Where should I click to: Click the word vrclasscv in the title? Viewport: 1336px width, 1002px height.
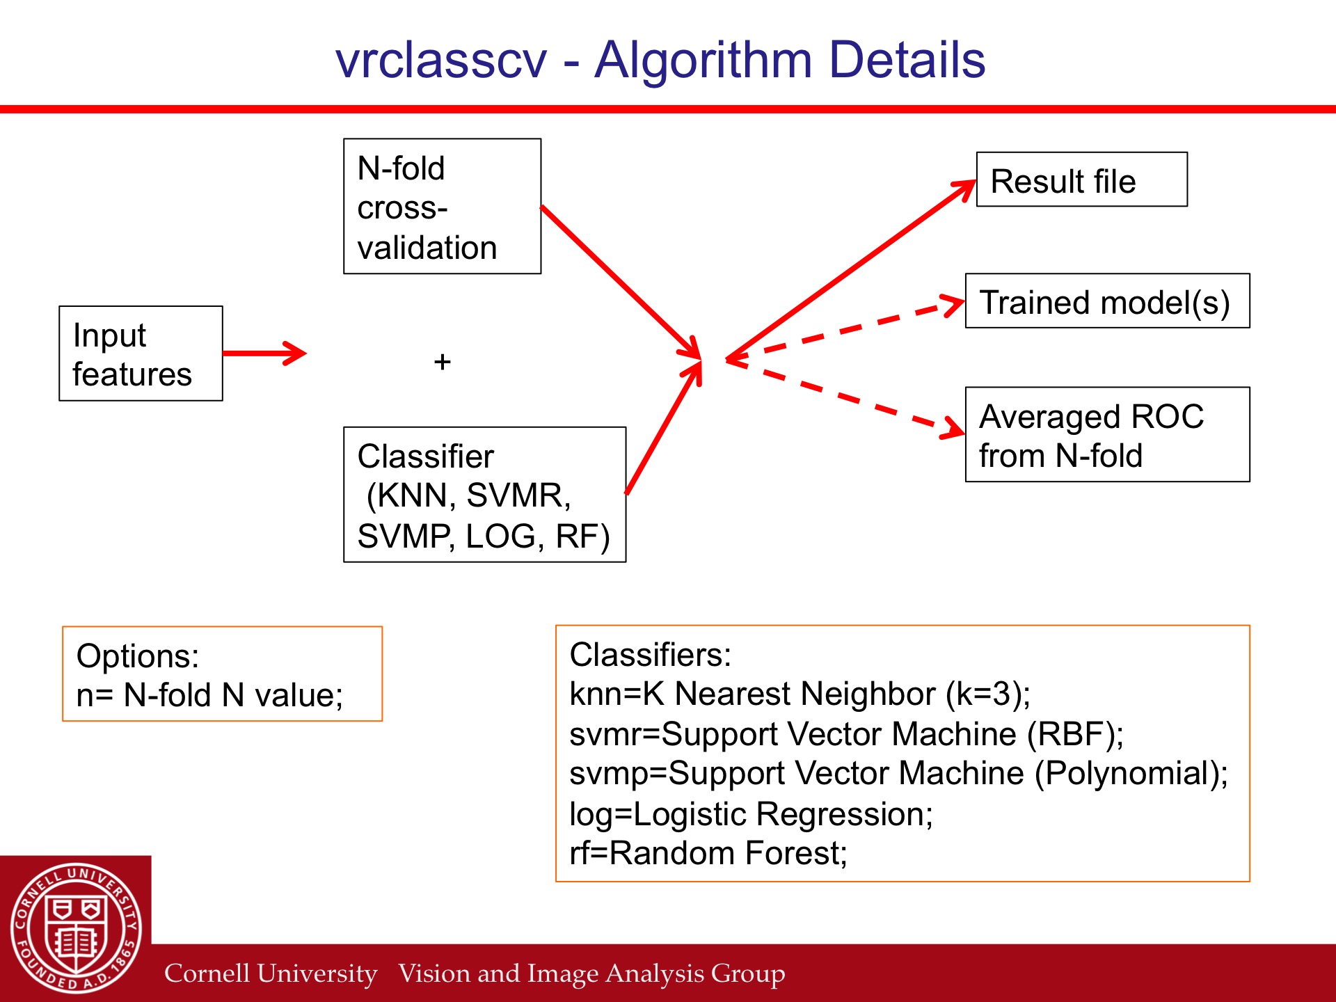coord(441,61)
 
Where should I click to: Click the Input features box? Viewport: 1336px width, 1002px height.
coord(141,353)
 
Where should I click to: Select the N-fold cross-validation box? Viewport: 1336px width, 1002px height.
coord(442,206)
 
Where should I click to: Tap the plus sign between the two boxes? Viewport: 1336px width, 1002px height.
coord(443,362)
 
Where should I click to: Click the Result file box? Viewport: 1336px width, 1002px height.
coord(1082,180)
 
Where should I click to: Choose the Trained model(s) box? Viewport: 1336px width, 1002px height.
coord(1108,301)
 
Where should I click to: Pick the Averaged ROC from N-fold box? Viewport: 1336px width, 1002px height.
coord(1108,434)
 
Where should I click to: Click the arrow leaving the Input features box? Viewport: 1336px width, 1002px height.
coord(264,353)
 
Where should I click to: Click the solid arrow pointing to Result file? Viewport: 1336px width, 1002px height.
coord(851,270)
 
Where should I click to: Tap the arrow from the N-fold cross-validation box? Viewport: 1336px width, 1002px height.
coord(621,283)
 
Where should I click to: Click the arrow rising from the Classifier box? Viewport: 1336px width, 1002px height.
coord(664,428)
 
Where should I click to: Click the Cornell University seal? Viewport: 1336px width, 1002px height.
coord(77,928)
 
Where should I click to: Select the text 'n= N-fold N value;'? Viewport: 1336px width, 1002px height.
coord(209,695)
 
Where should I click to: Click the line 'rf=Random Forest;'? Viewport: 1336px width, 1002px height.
coord(708,853)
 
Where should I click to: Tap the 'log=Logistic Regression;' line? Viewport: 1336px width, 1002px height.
coord(751,814)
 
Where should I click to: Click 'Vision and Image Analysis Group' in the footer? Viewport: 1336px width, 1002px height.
coord(592,973)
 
